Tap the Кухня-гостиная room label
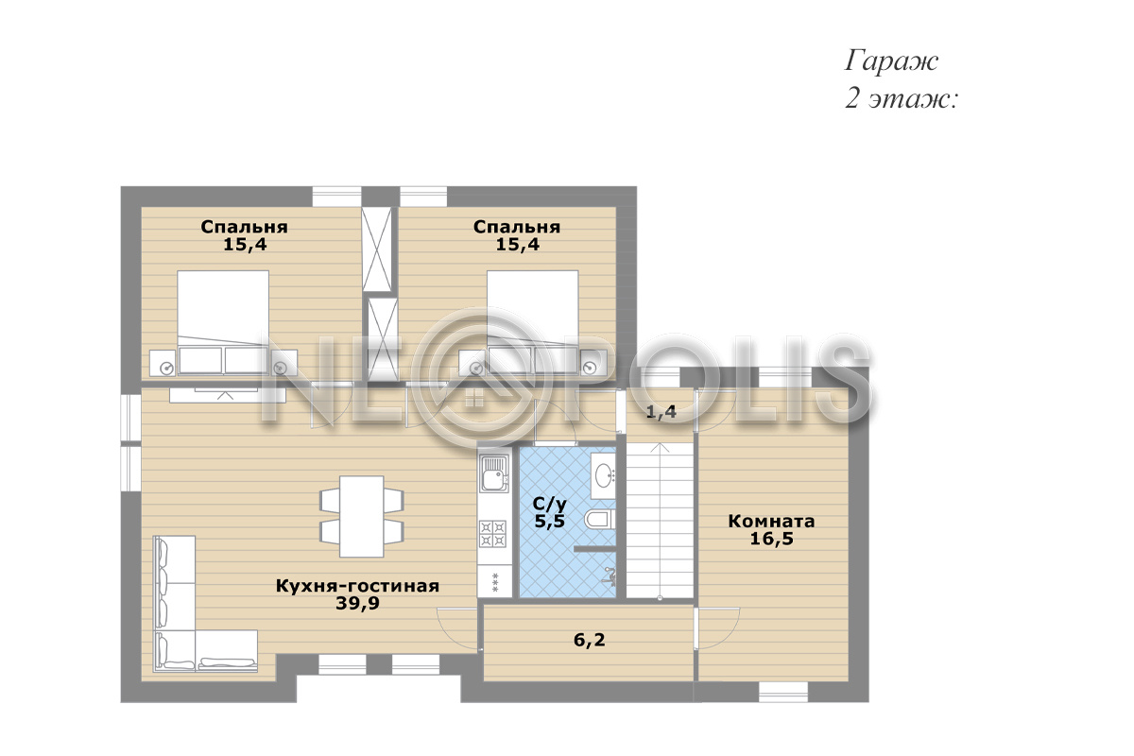(357, 586)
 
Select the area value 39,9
(357, 604)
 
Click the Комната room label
(771, 521)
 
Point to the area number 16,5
(771, 539)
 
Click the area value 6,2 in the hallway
(590, 640)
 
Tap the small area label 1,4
(661, 412)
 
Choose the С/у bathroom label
(550, 504)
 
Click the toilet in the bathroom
(600, 519)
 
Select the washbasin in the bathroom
(604, 476)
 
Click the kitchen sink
(494, 474)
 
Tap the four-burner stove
(492, 534)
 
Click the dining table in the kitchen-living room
(361, 516)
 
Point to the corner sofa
(205, 604)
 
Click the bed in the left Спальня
(223, 322)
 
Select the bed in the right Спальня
(533, 322)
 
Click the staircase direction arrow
(660, 522)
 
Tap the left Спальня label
(244, 227)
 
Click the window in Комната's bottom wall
(783, 692)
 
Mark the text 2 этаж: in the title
(902, 99)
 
